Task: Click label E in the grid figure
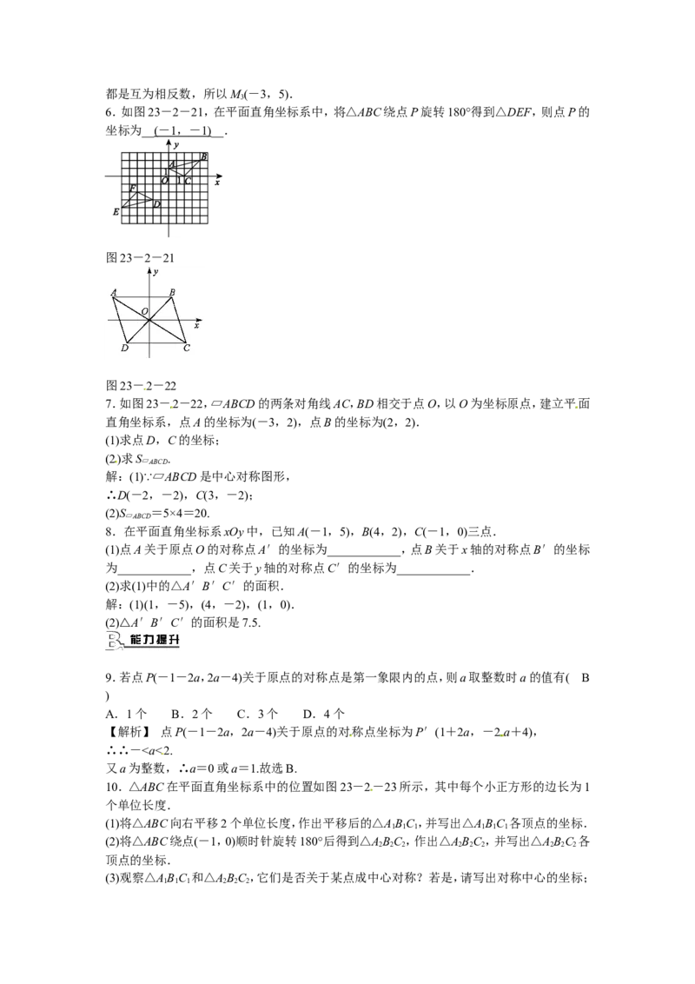pos(116,212)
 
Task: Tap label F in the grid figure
pos(132,189)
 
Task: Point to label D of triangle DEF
pos(157,204)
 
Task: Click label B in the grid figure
pos(204,156)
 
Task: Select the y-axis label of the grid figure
pos(176,145)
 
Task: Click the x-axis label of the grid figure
pos(217,183)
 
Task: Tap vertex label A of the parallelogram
pos(114,292)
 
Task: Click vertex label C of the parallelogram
pos(186,348)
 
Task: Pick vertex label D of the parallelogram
pos(124,349)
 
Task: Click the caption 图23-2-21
pos(140,258)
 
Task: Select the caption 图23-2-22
pos(141,386)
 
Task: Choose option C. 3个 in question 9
pos(257,714)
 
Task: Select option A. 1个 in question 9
pos(127,714)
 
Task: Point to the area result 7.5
pos(251,622)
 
